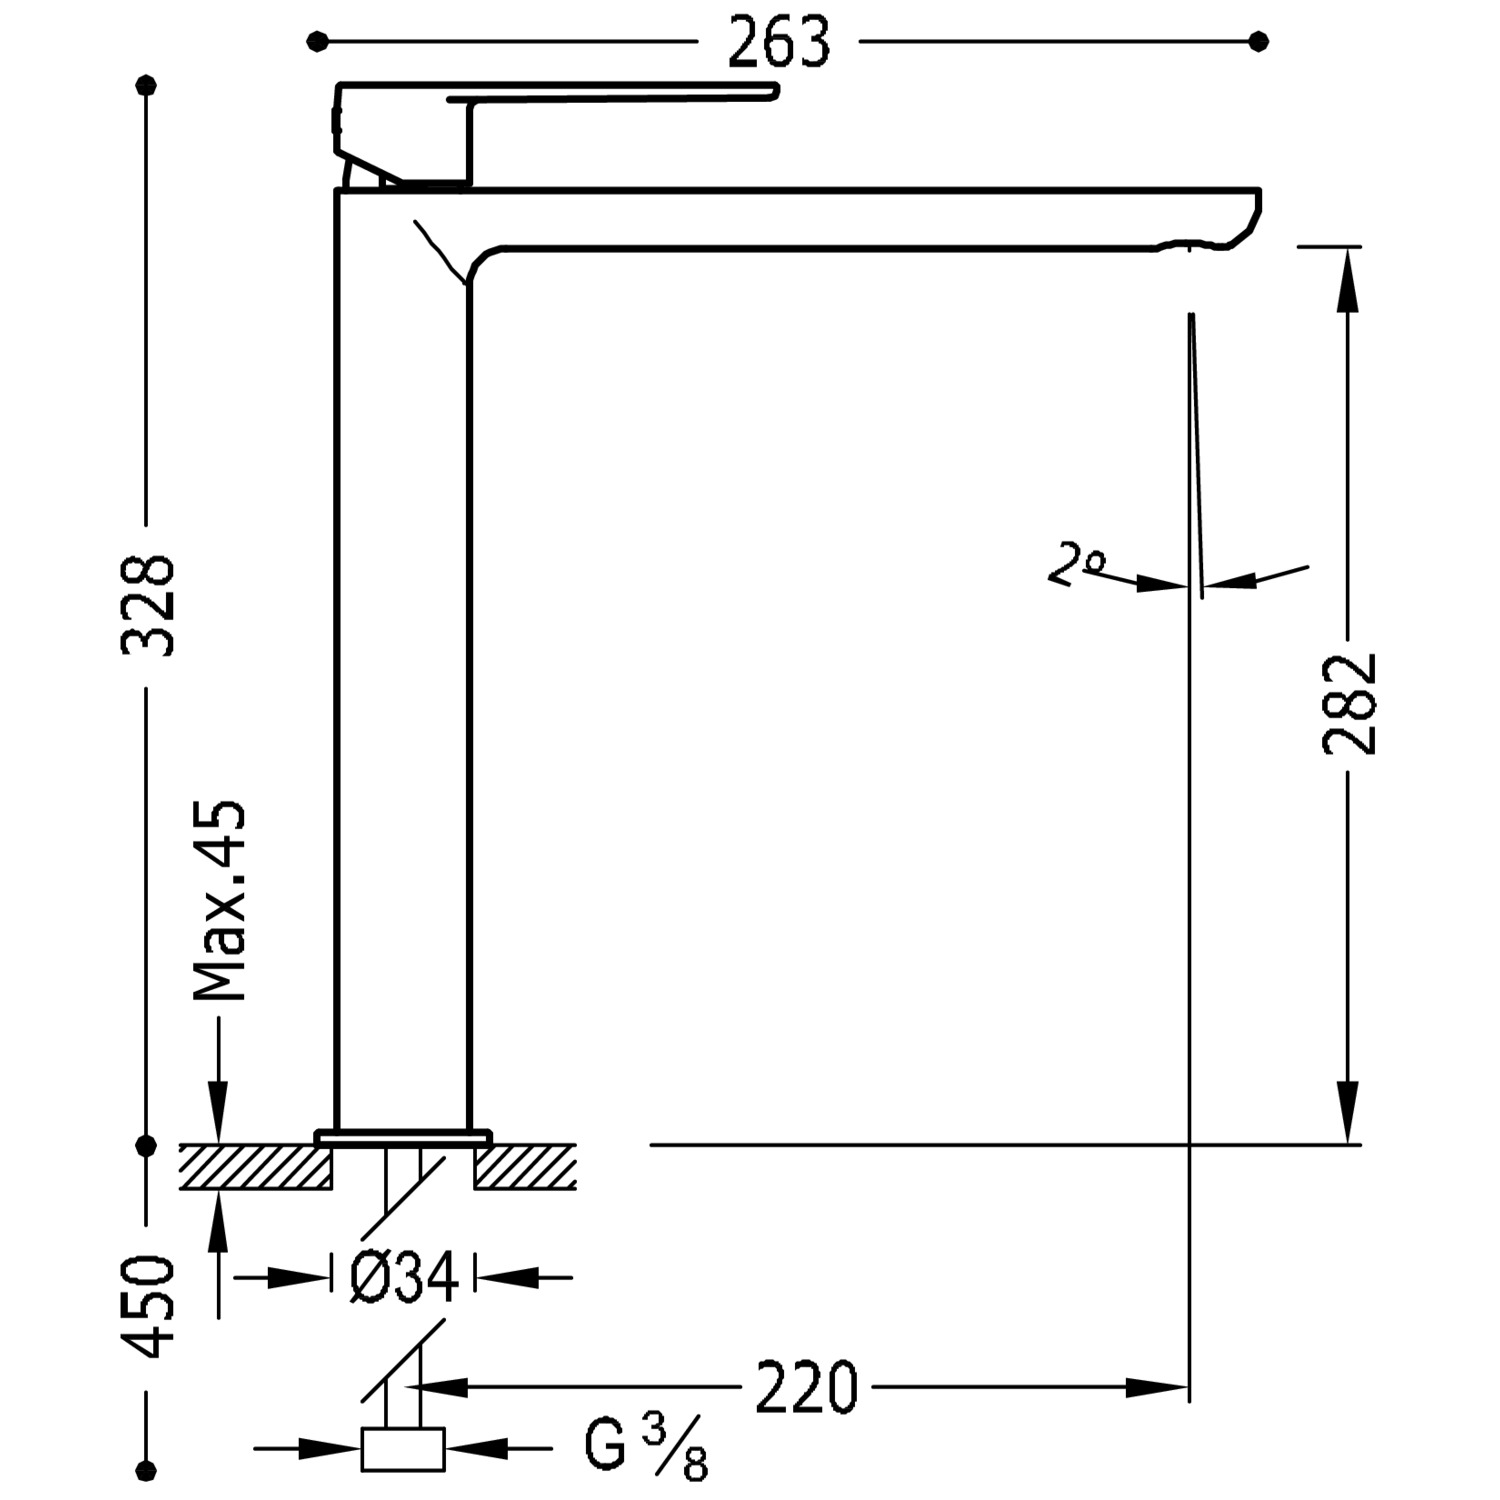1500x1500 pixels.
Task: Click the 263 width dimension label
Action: pos(778,43)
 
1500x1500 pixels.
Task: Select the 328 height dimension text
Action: pos(148,605)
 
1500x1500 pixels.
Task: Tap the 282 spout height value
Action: pos(1349,703)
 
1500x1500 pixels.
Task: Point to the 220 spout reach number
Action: pos(806,1387)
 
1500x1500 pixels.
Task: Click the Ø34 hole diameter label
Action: pos(403,1277)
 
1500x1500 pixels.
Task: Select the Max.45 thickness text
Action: pos(219,900)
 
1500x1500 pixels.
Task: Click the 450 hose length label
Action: pos(148,1307)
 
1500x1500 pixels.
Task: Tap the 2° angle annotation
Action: pos(1076,564)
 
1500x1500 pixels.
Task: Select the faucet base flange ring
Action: pos(403,1137)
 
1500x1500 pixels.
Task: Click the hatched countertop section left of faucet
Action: pos(256,1166)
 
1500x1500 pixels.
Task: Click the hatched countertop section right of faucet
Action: pos(525,1166)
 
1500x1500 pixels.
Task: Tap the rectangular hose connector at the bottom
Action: pos(403,1449)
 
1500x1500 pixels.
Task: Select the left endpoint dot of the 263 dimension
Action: pos(317,41)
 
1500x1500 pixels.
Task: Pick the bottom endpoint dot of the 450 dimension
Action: pos(148,1469)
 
